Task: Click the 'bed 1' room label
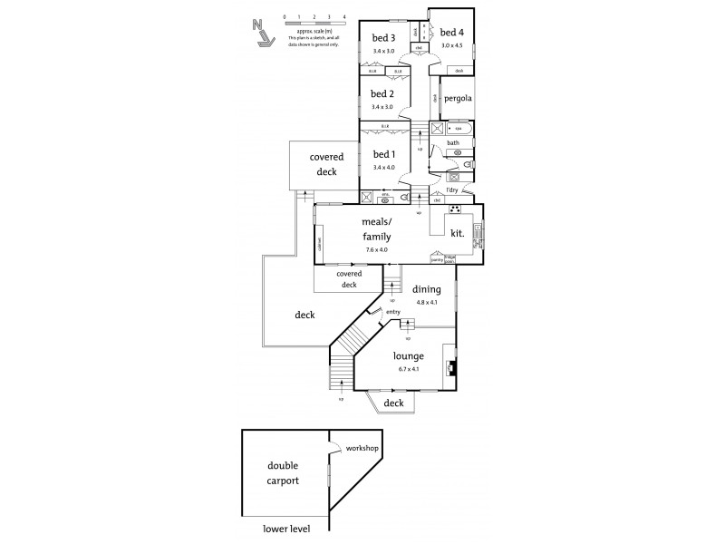[x=384, y=153]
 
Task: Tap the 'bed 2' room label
[x=383, y=93]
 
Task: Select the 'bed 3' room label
[x=383, y=37]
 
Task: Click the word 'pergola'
[x=459, y=98]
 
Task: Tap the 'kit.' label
[x=458, y=233]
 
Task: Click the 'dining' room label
[x=427, y=290]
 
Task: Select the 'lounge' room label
[x=409, y=356]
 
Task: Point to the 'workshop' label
[x=362, y=449]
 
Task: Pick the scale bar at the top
[x=314, y=24]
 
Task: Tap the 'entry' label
[x=393, y=312]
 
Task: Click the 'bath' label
[x=453, y=142]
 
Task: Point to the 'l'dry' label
[x=454, y=189]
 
